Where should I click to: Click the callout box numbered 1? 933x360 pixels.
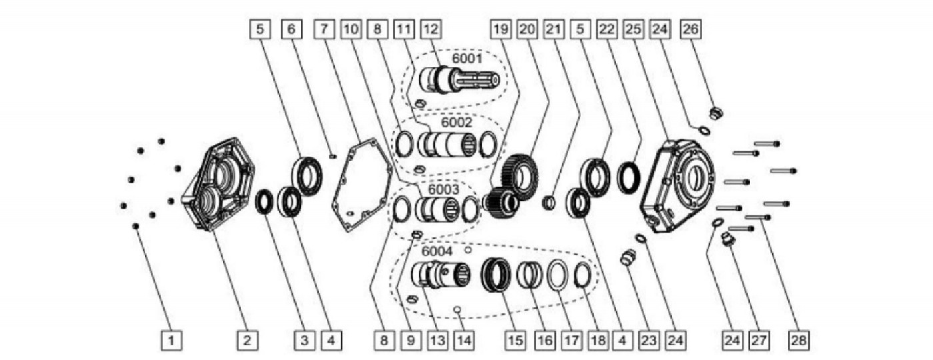171,341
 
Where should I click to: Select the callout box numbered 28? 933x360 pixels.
798,341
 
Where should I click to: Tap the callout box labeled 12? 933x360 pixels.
431,29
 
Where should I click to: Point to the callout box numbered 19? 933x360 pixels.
500,29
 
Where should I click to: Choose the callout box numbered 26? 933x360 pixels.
690,29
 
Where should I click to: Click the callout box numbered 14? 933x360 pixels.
464,341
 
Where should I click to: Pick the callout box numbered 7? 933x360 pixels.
325,29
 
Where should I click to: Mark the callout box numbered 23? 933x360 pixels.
648,341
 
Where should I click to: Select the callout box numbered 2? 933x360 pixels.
247,341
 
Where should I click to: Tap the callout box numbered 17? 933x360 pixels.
571,341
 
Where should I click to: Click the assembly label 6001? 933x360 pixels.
467,59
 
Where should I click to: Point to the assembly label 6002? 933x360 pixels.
457,123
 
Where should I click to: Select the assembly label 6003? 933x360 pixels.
443,189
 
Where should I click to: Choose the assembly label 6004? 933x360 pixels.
437,252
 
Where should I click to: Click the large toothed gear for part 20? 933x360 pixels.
520,176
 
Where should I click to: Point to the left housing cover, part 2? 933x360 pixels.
219,184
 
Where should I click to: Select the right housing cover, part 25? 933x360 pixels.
678,185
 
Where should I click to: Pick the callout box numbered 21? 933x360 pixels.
554,29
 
